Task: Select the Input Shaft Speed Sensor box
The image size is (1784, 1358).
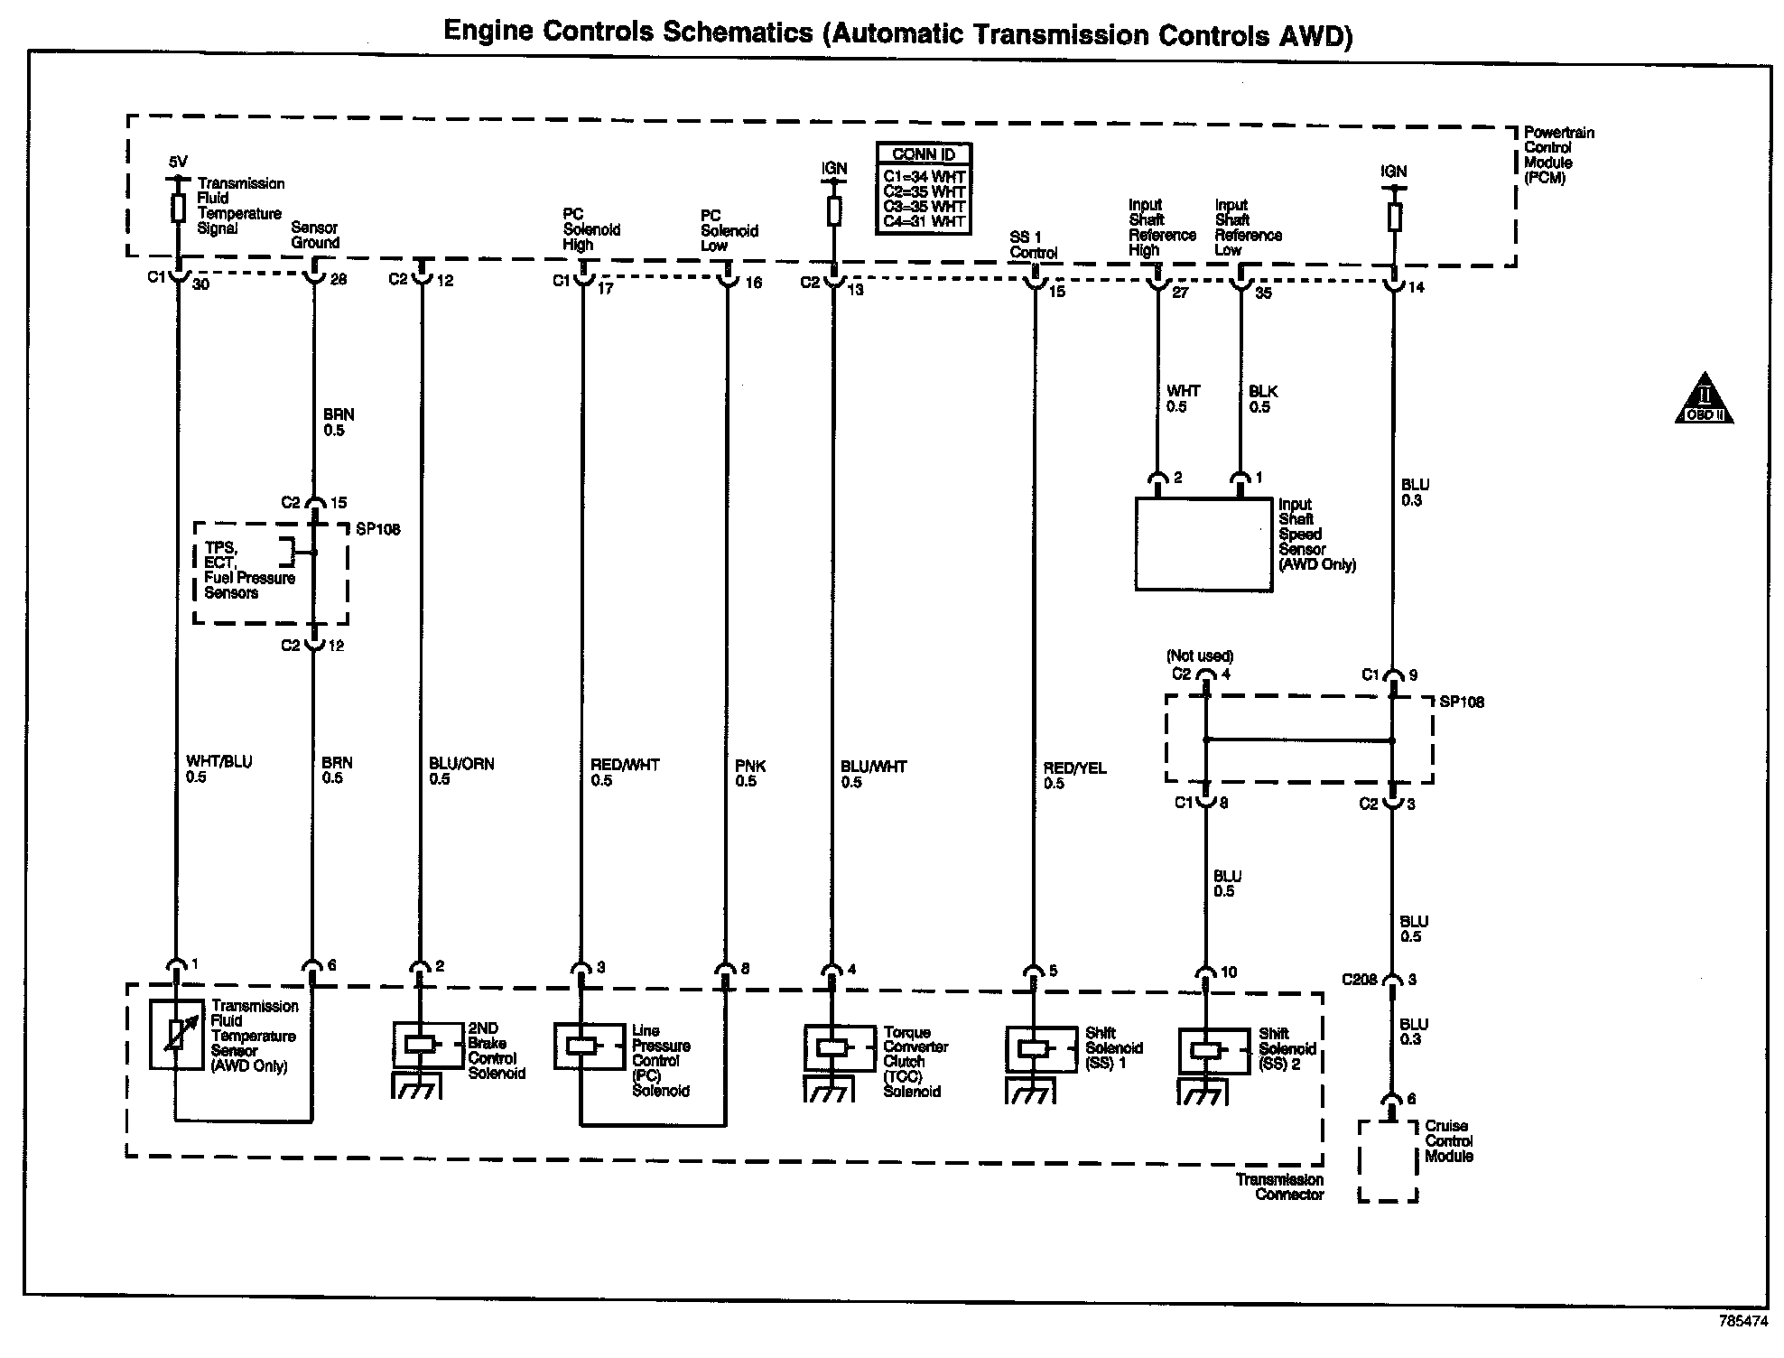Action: pos(1203,544)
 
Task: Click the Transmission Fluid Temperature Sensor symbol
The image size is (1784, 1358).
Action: pos(176,1035)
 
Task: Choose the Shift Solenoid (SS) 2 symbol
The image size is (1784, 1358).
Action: pos(1205,1051)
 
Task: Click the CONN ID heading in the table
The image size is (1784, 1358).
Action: pos(923,154)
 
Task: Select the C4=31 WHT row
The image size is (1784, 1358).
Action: pos(924,221)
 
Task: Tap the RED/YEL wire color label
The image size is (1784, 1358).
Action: pos(1074,768)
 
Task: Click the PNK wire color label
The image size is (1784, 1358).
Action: pos(750,766)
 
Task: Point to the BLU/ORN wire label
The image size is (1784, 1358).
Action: pos(461,764)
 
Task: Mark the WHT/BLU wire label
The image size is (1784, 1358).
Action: pos(219,762)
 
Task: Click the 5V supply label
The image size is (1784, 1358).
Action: pos(178,163)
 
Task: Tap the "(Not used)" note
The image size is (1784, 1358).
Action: pos(1200,656)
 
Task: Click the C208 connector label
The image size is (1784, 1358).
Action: pos(1360,980)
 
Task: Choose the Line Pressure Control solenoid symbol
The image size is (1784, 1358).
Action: pos(582,1046)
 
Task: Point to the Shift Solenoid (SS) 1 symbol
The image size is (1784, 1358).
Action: pos(1034,1049)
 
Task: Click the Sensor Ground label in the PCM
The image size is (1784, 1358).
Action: pos(315,236)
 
